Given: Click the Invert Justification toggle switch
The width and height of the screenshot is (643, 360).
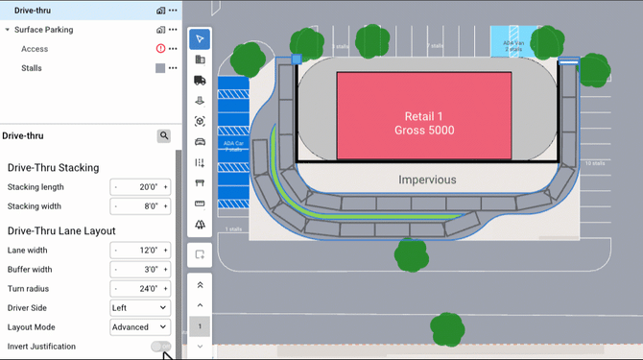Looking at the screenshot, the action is [x=161, y=346].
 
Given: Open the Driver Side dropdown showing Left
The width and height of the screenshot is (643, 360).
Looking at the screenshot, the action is [x=139, y=307].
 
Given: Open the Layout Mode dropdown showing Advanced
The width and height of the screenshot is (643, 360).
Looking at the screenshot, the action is [x=139, y=326].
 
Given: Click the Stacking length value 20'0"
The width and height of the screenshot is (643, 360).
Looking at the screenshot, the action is [x=140, y=187].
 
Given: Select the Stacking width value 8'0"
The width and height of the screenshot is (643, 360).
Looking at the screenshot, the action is [x=140, y=205].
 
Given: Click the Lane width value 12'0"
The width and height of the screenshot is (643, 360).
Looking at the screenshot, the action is [x=140, y=250].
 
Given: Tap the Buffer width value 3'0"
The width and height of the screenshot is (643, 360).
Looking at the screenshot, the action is [x=140, y=269].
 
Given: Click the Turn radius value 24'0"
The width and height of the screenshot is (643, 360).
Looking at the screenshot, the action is [x=140, y=288].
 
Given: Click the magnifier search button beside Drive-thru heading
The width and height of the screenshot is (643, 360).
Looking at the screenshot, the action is [x=164, y=136].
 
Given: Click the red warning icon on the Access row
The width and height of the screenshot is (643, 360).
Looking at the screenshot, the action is [x=160, y=48].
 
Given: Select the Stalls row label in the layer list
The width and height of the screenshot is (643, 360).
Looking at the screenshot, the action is [x=32, y=68].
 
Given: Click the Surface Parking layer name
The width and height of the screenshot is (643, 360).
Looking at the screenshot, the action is [x=44, y=30].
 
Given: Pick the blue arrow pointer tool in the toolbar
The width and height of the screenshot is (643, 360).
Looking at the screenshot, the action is [x=200, y=39].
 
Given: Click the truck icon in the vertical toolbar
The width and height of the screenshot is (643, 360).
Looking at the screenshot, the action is [x=200, y=80].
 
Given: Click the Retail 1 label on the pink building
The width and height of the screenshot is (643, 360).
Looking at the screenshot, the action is [x=423, y=115].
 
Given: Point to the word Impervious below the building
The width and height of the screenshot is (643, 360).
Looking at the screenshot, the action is [x=427, y=180].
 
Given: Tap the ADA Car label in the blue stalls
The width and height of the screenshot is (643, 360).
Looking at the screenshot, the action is [x=233, y=146].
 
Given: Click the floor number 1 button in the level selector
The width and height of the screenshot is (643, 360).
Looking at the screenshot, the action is [x=200, y=326].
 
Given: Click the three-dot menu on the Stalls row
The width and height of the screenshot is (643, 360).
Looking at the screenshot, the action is [x=173, y=68].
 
